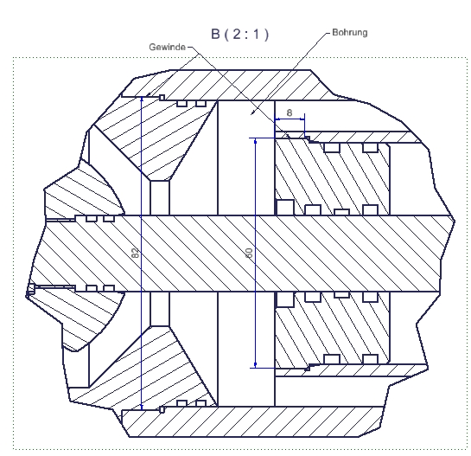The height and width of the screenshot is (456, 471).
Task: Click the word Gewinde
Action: pos(167,48)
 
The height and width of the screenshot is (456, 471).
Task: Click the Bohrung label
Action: pos(350,33)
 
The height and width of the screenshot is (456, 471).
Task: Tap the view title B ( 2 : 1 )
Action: pos(239,34)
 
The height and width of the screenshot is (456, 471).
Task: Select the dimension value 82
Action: pos(136,253)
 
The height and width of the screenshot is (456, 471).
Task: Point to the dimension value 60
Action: pos(249,253)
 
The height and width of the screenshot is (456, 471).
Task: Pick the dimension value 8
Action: pos(290,112)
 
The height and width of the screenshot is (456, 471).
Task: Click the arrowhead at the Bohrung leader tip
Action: pos(253,112)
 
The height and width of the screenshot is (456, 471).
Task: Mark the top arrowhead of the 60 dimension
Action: pos(255,141)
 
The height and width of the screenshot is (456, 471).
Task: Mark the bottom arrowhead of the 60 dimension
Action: pos(255,365)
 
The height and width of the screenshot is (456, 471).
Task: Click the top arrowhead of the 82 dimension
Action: pos(142,100)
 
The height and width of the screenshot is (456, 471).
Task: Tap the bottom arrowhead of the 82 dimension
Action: pos(142,407)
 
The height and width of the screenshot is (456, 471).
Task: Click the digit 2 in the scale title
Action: pos(237,34)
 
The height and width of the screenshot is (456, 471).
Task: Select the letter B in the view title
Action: pos(216,34)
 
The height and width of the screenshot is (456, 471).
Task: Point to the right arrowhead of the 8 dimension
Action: pos(302,119)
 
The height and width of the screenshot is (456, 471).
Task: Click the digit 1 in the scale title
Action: pos(256,34)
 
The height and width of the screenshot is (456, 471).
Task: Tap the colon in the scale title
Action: pos(246,35)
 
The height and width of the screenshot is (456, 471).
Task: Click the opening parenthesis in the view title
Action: pos(226,35)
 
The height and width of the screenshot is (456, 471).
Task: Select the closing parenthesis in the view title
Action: pos(266,35)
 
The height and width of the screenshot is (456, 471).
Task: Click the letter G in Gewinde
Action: pos(152,48)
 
